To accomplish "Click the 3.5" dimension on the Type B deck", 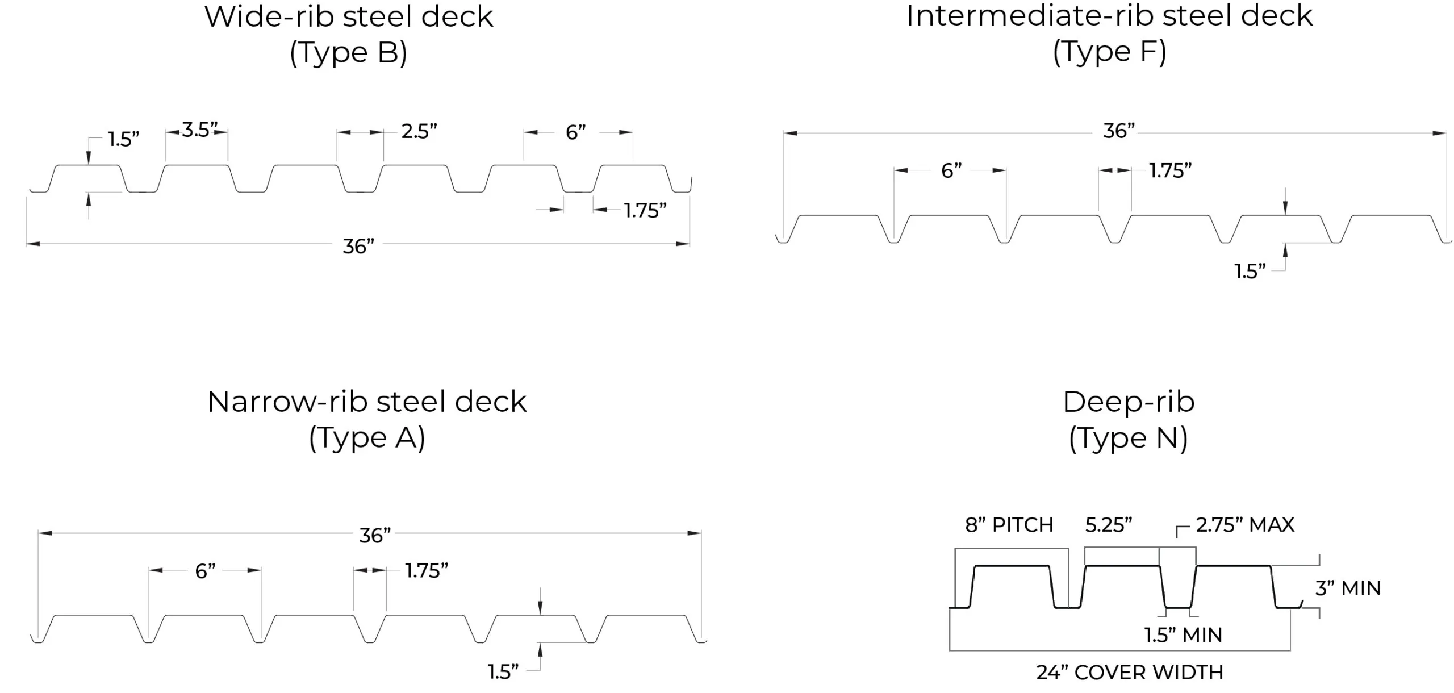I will click(x=199, y=130).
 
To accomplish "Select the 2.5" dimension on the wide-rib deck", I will click(x=419, y=131).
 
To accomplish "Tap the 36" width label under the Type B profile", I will click(x=358, y=247).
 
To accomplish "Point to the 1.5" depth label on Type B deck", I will click(x=124, y=139).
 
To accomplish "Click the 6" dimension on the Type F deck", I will click(x=951, y=170).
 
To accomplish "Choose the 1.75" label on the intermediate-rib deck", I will click(x=1170, y=170).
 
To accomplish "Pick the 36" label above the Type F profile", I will click(x=1118, y=131).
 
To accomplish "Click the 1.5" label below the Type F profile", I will click(x=1250, y=272).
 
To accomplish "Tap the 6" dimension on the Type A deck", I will click(x=205, y=571).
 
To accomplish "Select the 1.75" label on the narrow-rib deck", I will click(x=427, y=570).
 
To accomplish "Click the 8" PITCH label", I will click(x=1009, y=524).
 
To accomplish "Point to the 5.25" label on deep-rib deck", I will click(x=1108, y=525).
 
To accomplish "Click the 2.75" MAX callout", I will click(x=1244, y=524).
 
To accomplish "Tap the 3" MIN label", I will click(x=1347, y=588).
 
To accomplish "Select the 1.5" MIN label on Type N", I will click(x=1183, y=634).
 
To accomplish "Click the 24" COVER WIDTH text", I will click(x=1129, y=672).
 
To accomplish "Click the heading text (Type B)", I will click(x=348, y=53).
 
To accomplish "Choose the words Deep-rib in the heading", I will click(x=1128, y=402).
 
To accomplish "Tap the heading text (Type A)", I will click(x=367, y=438).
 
